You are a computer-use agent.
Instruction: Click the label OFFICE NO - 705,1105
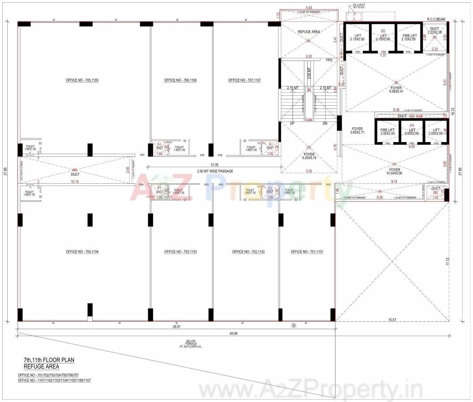[82, 80]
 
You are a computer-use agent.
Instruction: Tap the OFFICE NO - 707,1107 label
[244, 80]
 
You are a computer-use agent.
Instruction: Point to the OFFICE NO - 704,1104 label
[82, 252]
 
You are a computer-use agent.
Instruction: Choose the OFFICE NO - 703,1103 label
[181, 252]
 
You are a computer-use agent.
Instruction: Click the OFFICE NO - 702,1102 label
[248, 252]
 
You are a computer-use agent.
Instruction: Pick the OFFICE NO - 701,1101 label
[307, 252]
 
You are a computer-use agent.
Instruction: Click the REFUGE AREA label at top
[309, 32]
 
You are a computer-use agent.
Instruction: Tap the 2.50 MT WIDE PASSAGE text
[215, 171]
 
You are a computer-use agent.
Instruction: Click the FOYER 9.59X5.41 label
[396, 89]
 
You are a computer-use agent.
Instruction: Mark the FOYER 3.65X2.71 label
[357, 131]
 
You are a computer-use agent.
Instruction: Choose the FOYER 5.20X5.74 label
[309, 156]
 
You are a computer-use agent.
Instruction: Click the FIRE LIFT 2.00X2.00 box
[387, 132]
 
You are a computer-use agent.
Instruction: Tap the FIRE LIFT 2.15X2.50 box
[408, 37]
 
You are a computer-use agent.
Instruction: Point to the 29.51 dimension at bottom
[177, 327]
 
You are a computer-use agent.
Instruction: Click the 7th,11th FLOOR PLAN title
[49, 360]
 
